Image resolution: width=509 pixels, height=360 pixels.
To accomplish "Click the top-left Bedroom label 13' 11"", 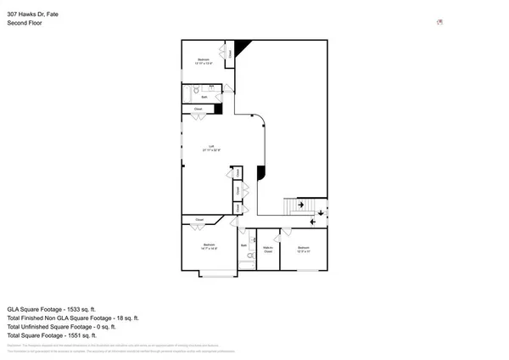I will coord(201,60).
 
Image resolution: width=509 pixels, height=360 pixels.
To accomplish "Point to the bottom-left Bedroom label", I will coord(209,248).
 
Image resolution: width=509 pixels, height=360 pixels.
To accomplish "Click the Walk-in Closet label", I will coord(268,250).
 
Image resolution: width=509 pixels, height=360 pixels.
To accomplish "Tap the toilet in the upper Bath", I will coord(195,88).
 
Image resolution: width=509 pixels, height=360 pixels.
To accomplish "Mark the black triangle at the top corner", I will coord(242,46).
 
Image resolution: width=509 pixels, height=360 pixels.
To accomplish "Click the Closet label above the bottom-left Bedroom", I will coord(199,221).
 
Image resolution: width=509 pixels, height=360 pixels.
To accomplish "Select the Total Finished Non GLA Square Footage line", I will coord(72,318).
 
